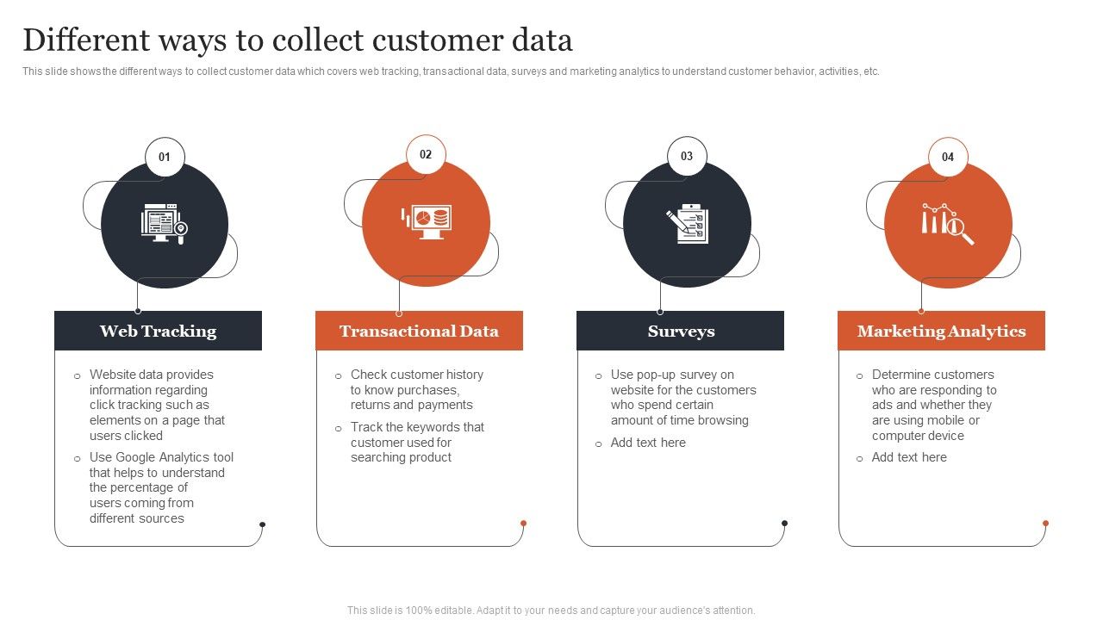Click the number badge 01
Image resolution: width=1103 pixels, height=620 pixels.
[165, 158]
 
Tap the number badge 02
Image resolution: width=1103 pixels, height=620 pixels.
[426, 155]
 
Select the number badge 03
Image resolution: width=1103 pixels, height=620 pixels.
[687, 157]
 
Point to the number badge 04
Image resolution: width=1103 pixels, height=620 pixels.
[948, 157]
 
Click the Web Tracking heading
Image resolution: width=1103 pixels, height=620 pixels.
[158, 332]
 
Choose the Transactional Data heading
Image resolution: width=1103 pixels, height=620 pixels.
[419, 332]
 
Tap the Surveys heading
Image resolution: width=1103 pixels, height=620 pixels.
[681, 332]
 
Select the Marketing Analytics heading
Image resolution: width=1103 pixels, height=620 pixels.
[941, 332]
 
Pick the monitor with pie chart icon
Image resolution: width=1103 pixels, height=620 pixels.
[426, 222]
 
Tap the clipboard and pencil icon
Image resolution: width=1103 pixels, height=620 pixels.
[687, 224]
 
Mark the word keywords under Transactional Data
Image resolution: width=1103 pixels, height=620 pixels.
[431, 427]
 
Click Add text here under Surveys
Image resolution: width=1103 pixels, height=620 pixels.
[648, 443]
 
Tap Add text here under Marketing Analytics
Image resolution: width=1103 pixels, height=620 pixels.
[909, 457]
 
